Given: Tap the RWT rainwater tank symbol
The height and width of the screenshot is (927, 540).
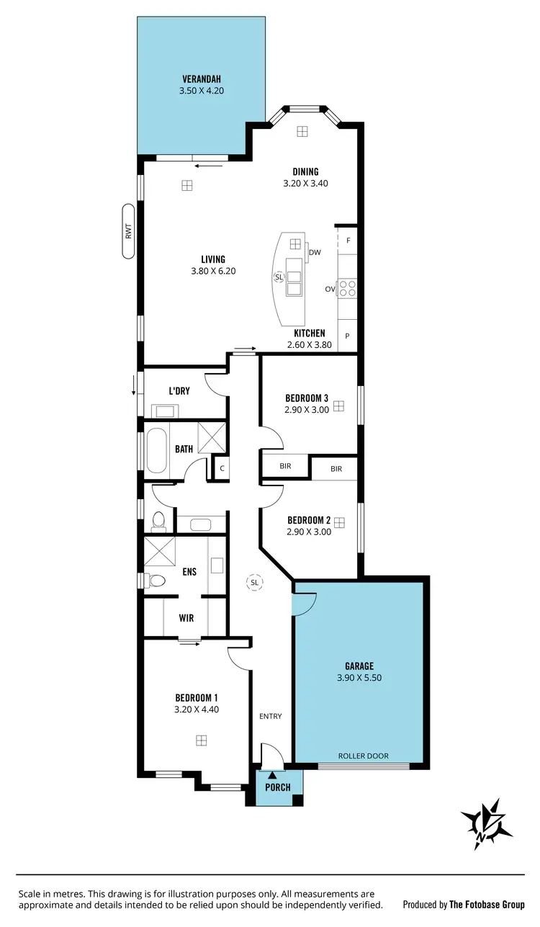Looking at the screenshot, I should tap(129, 231).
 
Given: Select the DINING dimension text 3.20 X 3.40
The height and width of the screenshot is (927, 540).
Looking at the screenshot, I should tap(305, 184).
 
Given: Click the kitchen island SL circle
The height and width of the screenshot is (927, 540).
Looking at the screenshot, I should tap(279, 277).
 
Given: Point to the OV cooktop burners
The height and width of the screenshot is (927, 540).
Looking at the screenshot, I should tap(347, 288).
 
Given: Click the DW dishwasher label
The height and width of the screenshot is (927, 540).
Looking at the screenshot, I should tap(315, 253).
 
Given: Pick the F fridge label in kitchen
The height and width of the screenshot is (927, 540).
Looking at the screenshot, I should tap(348, 241).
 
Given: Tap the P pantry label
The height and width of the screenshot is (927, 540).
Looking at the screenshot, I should tap(348, 336).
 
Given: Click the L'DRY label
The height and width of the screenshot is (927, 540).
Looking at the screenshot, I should tap(179, 391).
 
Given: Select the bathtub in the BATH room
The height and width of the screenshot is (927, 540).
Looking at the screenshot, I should tap(156, 452).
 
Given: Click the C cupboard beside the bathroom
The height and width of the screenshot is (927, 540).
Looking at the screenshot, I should tap(222, 468).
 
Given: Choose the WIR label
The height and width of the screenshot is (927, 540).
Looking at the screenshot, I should tap(186, 618).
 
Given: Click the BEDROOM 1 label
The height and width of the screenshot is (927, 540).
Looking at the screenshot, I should tap(197, 697).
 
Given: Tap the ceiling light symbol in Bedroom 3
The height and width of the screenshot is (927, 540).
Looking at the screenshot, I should tap(338, 406).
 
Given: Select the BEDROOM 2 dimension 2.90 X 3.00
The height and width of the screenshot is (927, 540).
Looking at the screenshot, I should tap(309, 532).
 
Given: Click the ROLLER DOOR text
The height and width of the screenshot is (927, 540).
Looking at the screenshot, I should tap(364, 756).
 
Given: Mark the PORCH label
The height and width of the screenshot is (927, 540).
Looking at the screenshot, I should tap(277, 787).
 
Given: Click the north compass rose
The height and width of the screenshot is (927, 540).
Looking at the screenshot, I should tap(487, 824).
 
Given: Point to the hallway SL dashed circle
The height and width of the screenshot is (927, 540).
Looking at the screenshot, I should tap(254, 582).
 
